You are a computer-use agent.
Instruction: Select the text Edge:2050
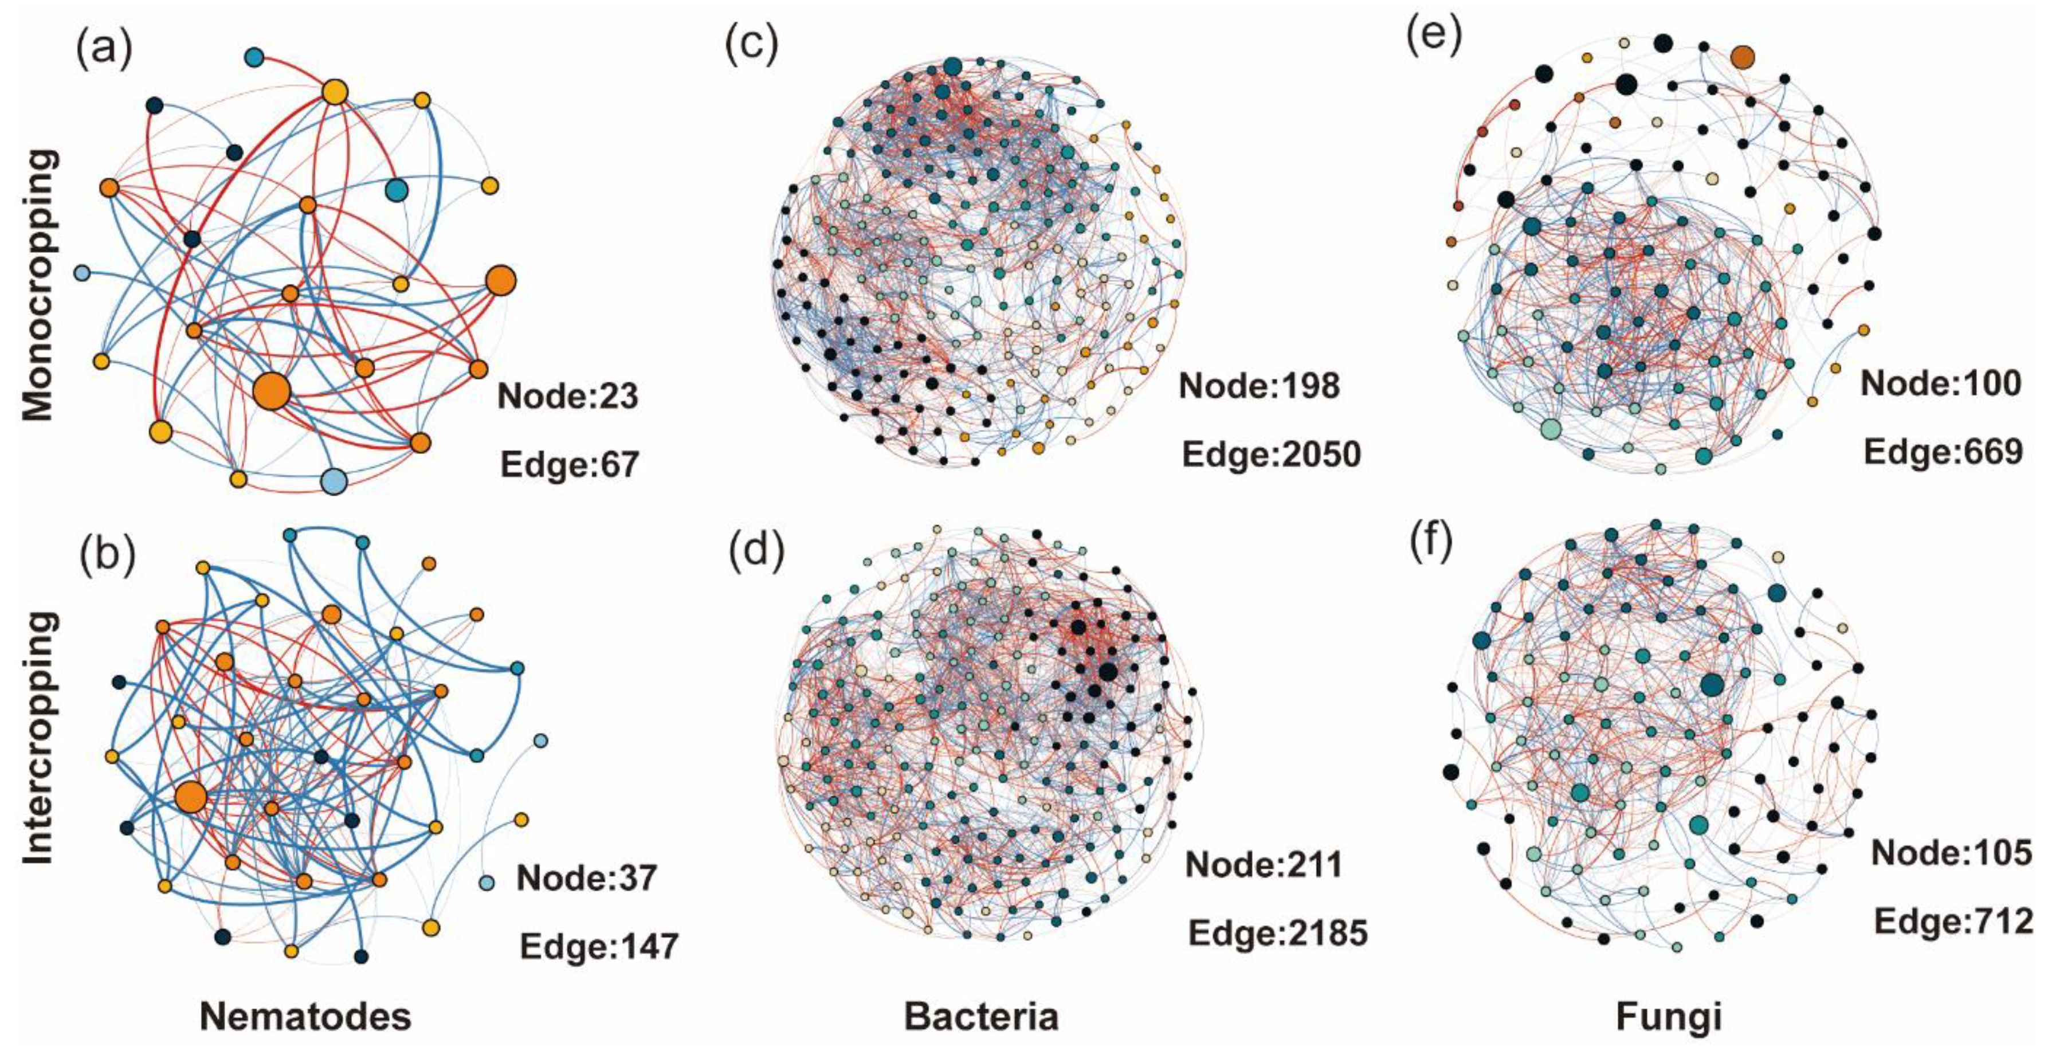tap(1271, 454)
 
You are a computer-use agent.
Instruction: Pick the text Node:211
tap(1264, 864)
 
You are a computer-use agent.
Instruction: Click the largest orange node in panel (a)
tap(272, 391)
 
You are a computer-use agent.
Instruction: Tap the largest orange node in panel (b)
tap(190, 797)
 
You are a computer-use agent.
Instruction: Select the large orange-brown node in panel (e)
tap(1742, 56)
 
